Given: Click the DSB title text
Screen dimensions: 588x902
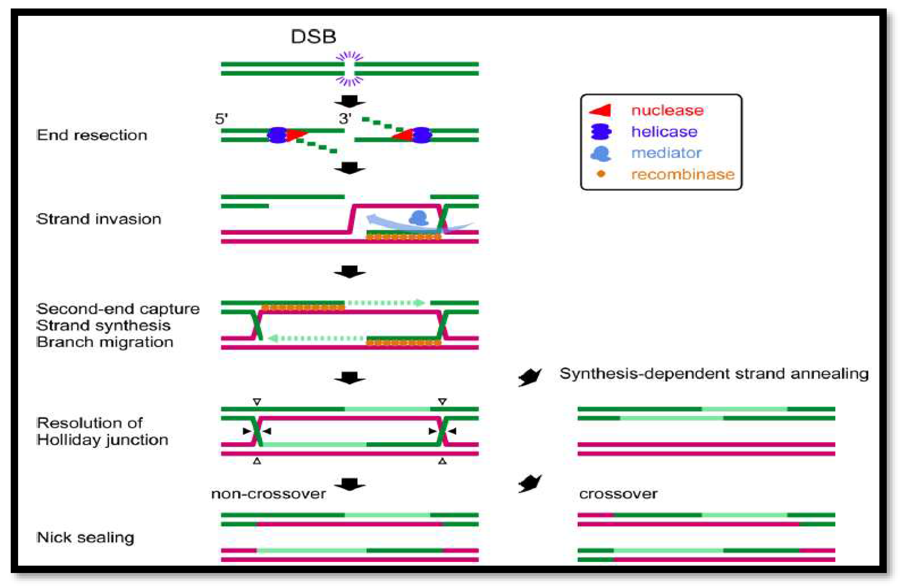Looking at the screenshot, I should point(313,37).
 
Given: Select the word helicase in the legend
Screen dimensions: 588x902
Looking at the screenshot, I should point(664,132).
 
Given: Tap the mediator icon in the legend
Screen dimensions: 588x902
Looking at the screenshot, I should point(601,154).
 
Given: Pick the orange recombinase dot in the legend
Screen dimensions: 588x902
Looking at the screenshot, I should point(601,174).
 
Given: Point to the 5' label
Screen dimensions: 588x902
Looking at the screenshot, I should point(221,119).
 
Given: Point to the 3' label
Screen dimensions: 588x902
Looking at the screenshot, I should point(345,119).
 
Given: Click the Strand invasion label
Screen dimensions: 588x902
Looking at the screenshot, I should point(99,219).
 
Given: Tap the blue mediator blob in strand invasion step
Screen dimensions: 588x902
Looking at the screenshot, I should point(418,218).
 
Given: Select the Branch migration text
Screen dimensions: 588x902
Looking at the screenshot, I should point(105,342).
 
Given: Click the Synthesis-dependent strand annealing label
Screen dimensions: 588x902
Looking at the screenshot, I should point(714,374).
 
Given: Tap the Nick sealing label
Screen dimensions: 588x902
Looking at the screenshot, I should point(85,538).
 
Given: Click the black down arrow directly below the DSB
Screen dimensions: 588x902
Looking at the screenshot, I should point(349,102).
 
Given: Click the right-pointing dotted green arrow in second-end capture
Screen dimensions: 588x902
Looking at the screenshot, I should point(387,303).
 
